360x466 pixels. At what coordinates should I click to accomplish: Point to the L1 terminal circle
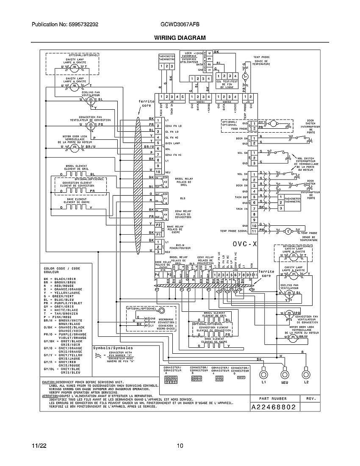264,374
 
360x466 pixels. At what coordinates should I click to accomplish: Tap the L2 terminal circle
305,374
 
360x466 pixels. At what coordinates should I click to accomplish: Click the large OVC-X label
245,244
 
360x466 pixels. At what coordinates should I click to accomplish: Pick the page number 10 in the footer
180,446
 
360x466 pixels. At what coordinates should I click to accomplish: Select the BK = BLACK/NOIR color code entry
60,278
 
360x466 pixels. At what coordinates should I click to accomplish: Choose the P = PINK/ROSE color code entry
58,316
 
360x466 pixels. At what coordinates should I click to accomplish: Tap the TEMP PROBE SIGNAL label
234,231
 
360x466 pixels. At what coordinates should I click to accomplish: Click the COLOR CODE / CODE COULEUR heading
62,270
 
